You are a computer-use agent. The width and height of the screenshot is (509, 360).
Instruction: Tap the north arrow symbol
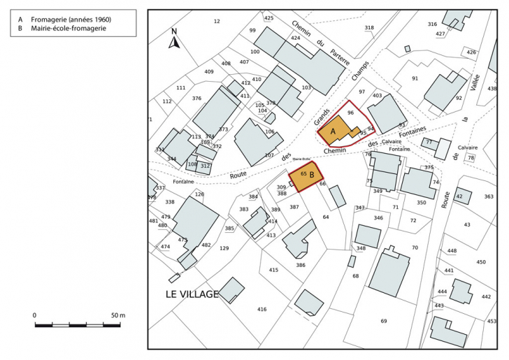coord(175,39)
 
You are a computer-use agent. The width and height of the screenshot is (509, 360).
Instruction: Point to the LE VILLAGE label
coord(192,294)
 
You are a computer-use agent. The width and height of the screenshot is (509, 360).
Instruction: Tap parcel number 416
coord(261,308)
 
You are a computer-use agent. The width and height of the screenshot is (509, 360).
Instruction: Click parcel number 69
coord(383,321)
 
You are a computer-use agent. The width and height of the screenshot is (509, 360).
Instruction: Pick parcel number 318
coord(368,28)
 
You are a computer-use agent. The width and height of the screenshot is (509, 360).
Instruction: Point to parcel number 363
coord(488,197)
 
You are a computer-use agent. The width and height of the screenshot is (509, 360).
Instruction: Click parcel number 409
coord(208,72)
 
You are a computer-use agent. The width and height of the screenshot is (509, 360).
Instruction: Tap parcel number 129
coord(224,249)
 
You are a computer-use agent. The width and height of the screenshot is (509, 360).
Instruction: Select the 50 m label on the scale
coord(117,316)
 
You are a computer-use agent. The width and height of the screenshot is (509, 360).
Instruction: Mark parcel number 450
coord(480,262)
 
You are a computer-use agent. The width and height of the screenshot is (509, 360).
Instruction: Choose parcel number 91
coord(415,78)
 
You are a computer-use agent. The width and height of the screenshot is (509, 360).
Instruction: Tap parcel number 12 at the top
coord(216,22)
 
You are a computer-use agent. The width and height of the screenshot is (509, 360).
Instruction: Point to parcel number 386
coord(301,265)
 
